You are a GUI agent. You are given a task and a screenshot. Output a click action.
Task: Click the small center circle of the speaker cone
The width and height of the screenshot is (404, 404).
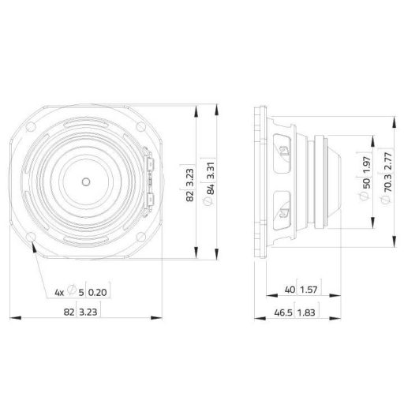[x=85, y=181]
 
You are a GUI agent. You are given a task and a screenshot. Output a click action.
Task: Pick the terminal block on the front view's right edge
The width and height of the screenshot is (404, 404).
[x=150, y=181]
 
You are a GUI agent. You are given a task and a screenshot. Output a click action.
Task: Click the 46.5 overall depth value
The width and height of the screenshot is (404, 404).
[x=282, y=313]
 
